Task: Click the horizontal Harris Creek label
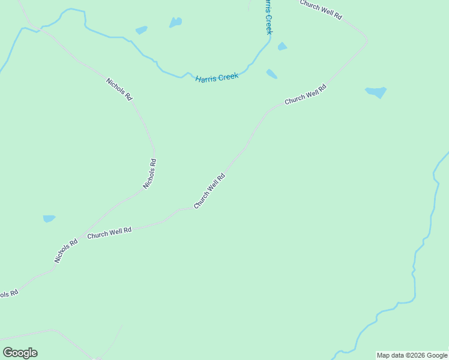(217, 77)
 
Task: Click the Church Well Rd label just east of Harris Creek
(305, 95)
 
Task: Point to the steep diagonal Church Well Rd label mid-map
(209, 191)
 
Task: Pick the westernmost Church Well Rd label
(109, 233)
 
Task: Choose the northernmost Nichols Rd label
(119, 89)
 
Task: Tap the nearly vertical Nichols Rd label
(149, 173)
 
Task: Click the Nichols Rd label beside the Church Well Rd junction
(66, 251)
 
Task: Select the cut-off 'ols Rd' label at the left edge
(8, 293)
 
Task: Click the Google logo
(20, 353)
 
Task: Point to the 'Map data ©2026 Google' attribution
(412, 355)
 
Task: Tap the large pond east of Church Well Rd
(376, 92)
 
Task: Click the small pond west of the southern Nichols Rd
(49, 218)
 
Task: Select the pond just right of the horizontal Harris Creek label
(272, 74)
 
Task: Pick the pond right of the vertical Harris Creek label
(282, 46)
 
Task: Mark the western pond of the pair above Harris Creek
(141, 30)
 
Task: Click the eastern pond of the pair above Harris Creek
(175, 22)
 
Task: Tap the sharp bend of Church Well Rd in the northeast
(366, 41)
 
